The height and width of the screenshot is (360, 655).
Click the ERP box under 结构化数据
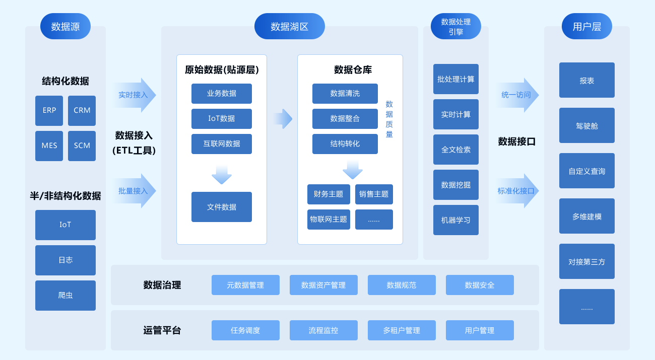(49, 110)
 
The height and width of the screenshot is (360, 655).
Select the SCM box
(82, 146)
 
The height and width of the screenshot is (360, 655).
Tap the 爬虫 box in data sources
(65, 295)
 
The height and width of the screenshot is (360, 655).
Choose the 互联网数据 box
(221, 143)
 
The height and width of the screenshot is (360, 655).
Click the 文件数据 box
(221, 206)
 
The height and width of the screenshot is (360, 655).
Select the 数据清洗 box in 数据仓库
(345, 93)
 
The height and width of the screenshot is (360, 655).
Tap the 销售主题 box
(374, 194)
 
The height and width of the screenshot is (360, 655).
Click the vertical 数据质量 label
(389, 119)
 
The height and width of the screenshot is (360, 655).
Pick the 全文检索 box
(455, 150)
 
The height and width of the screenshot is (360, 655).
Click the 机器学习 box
(455, 220)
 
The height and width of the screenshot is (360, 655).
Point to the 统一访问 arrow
(517, 95)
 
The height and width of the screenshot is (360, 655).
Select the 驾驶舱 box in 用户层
(586, 125)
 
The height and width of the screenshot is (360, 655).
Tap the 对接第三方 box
(586, 261)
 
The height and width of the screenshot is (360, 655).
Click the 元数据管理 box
(245, 285)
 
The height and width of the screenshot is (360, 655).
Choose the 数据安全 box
(480, 285)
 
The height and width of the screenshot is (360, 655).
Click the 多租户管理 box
(402, 330)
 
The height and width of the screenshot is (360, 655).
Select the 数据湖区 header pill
(289, 26)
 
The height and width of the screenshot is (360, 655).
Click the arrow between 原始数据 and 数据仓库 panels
(283, 119)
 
